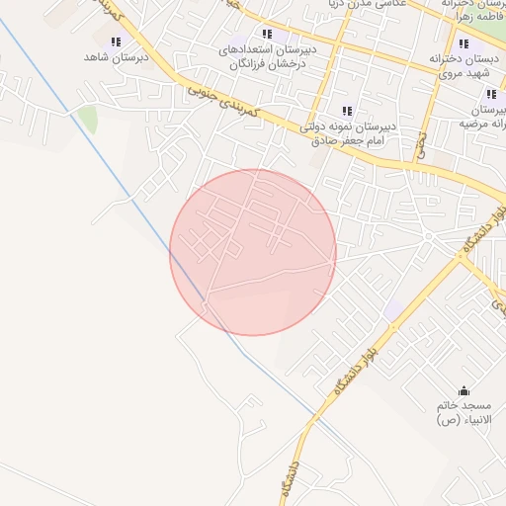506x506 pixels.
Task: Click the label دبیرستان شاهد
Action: [x=116, y=58]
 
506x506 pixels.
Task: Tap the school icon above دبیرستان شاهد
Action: [x=116, y=42]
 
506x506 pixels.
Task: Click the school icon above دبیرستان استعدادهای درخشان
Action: [x=266, y=34]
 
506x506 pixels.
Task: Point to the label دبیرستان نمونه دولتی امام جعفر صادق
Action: [x=346, y=133]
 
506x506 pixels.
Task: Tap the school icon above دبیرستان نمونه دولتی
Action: [x=346, y=111]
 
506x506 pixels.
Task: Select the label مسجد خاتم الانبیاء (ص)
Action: [x=464, y=413]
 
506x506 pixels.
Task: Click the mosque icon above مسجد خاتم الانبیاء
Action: [x=464, y=390]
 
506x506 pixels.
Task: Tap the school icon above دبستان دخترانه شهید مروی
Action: [x=463, y=43]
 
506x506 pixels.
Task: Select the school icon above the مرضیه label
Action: [x=490, y=95]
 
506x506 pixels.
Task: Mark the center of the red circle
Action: [x=253, y=252]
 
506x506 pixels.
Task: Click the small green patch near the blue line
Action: [x=88, y=121]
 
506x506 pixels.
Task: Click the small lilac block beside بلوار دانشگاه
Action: [x=394, y=309]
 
